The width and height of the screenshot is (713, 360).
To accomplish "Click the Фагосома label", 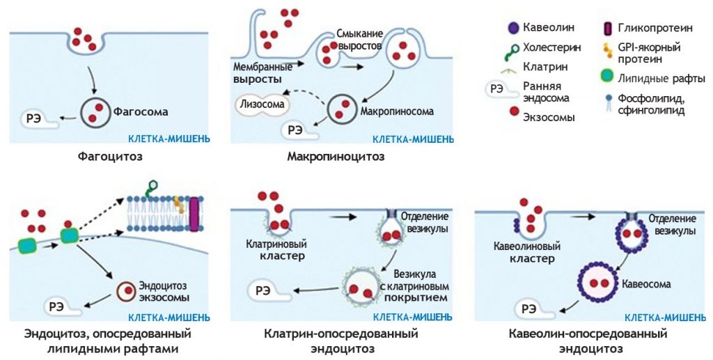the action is pyautogui.click(x=141, y=111).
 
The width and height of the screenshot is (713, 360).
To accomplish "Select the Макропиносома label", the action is pyautogui.click(x=397, y=111).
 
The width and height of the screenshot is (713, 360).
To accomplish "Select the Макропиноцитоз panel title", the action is pyautogui.click(x=336, y=157).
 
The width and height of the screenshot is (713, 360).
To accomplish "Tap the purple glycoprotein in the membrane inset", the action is pyautogui.click(x=194, y=214).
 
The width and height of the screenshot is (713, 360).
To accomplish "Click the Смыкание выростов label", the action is pyautogui.click(x=360, y=40).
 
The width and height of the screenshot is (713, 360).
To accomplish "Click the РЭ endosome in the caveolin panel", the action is pyautogui.click(x=534, y=310).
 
